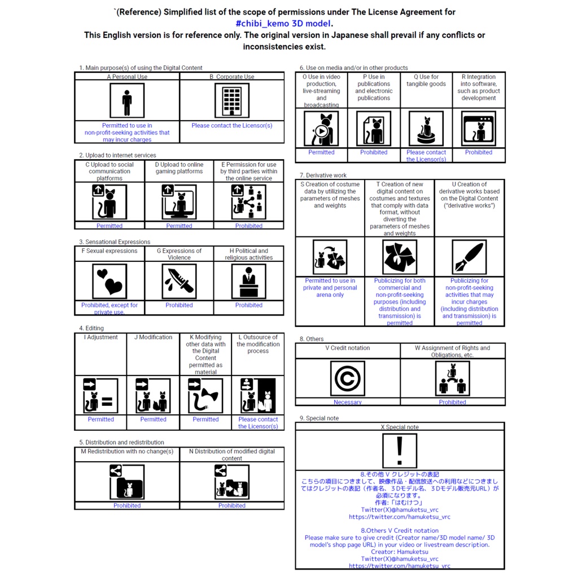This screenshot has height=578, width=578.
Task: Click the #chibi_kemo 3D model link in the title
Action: pyautogui.click(x=284, y=23)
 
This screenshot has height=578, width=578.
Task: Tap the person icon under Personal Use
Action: pyautogui.click(x=127, y=101)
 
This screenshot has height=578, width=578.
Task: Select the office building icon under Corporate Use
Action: pyautogui.click(x=231, y=101)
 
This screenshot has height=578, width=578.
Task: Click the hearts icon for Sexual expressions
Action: pyautogui.click(x=110, y=281)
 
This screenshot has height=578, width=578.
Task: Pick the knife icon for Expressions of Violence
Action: pyautogui.click(x=179, y=281)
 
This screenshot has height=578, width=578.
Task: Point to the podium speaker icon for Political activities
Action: pyautogui.click(x=249, y=281)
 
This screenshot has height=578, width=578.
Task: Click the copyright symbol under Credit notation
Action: pyautogui.click(x=347, y=378)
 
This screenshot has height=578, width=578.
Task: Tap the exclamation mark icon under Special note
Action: pyautogui.click(x=400, y=450)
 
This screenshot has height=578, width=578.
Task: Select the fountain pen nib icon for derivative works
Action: pyautogui.click(x=469, y=257)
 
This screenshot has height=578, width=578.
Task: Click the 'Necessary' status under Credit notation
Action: pyautogui.click(x=347, y=402)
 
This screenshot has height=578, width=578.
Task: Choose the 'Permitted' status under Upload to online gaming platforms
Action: pyautogui.click(x=179, y=226)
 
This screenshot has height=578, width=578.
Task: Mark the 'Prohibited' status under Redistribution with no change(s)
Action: pyautogui.click(x=127, y=506)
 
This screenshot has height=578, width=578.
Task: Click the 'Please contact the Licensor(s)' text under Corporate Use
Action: pyautogui.click(x=231, y=126)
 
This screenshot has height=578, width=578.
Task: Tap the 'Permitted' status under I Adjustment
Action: pyautogui.click(x=100, y=419)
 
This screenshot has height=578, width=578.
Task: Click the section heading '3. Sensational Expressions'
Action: pyautogui.click(x=115, y=242)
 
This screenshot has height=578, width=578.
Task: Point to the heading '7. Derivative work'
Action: pyautogui.click(x=323, y=176)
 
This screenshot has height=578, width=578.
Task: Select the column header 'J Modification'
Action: pyautogui.click(x=153, y=338)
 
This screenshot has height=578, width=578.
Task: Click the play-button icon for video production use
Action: pyautogui.click(x=321, y=129)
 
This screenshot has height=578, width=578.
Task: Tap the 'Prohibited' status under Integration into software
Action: pyautogui.click(x=479, y=152)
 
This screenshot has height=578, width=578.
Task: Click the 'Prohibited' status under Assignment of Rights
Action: pyautogui.click(x=452, y=402)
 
